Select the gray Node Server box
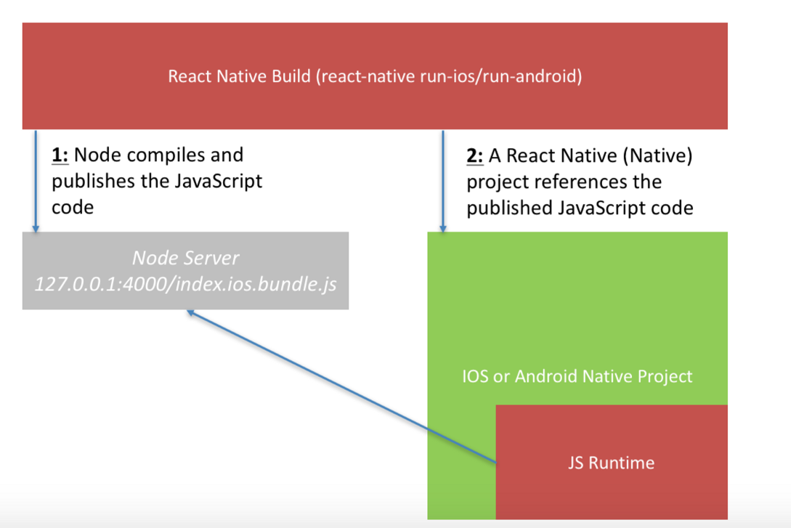185,270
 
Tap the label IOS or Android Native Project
577,376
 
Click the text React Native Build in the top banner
239,77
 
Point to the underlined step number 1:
60,155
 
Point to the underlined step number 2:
475,155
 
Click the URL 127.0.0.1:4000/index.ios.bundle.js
185,283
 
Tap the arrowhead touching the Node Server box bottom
191,313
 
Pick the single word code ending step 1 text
73,207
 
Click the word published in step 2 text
508,208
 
